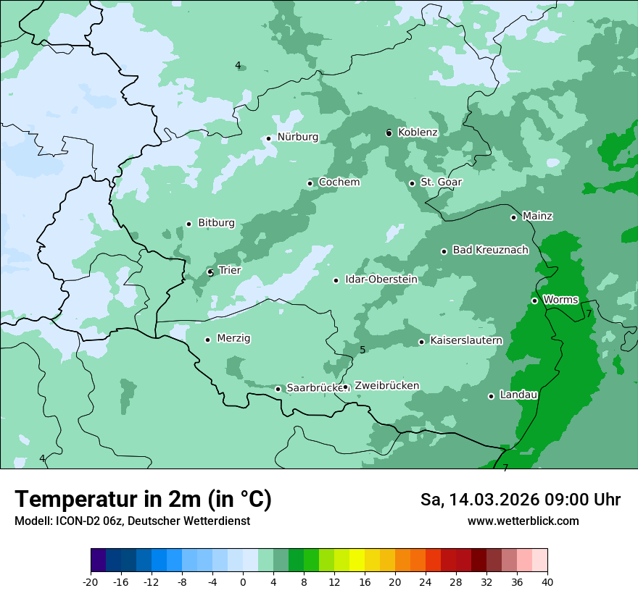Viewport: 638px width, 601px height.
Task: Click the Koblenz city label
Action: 418,133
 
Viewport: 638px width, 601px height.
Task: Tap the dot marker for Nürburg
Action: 268,138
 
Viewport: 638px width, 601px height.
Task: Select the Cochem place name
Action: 339,182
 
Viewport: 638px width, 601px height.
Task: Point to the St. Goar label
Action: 441,182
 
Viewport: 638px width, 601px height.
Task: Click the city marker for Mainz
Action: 513,217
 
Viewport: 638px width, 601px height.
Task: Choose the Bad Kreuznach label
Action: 490,251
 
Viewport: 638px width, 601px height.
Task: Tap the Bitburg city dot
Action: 188,224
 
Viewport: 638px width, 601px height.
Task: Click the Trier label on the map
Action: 229,271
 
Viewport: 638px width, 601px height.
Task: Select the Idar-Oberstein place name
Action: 381,280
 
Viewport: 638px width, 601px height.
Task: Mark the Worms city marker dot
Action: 534,300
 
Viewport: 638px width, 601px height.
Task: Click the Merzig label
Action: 233,339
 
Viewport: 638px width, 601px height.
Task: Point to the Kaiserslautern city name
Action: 466,341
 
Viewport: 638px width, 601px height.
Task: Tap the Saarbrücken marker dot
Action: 278,389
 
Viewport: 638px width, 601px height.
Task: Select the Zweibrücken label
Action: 386,386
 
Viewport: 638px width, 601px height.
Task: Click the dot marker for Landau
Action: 491,396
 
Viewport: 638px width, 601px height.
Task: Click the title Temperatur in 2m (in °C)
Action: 143,500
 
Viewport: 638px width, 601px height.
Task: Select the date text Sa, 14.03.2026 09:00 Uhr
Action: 520,500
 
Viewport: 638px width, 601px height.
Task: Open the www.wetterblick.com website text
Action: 523,521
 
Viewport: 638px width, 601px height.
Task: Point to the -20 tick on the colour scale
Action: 91,582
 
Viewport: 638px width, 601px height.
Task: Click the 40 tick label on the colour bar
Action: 547,582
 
